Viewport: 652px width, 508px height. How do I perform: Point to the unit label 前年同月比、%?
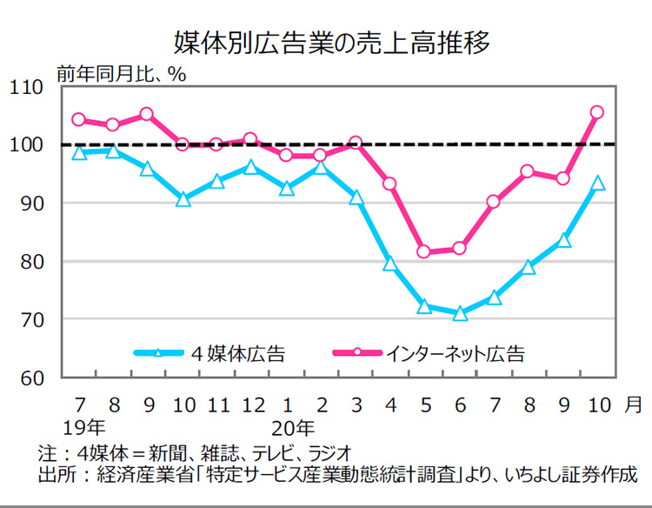pos(121,73)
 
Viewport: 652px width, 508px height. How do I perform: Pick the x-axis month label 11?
pos(218,405)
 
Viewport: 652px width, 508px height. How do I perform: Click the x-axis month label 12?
pos(251,405)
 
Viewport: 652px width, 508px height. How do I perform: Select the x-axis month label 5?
pos(425,405)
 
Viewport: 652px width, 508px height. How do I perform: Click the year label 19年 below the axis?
pos(85,428)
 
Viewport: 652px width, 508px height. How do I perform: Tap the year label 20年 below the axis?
pos(292,428)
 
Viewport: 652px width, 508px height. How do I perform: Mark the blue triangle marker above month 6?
pos(460,313)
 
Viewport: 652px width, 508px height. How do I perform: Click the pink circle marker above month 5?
pos(424,252)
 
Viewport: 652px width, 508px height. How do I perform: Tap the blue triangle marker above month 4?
pos(390,264)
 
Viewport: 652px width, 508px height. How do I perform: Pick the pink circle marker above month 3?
pos(355,142)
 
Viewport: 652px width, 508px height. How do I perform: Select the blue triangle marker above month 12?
pos(251,167)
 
